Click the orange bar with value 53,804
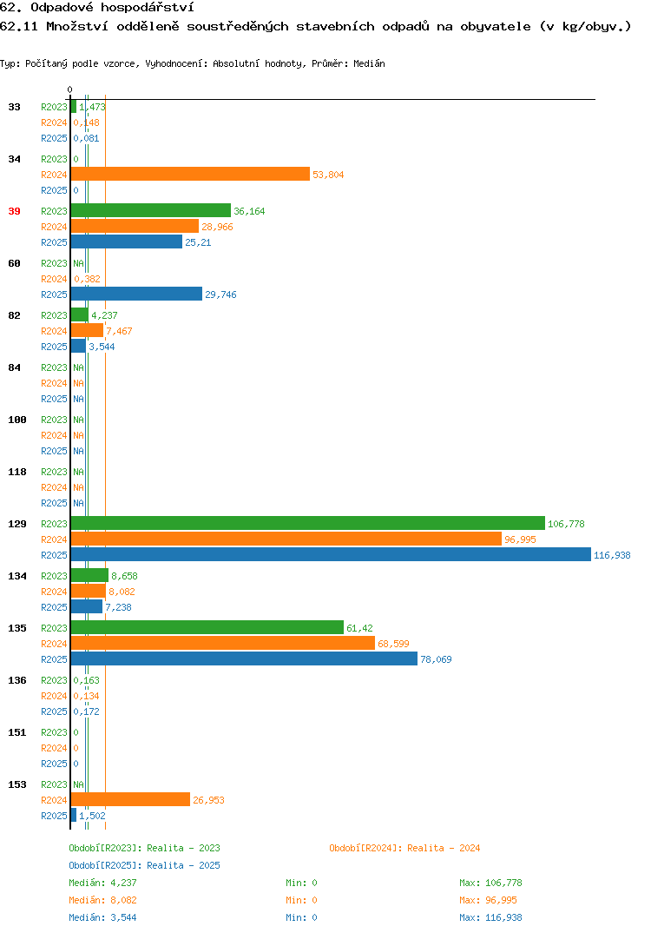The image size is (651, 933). point(190,174)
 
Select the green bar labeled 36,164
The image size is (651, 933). point(150,210)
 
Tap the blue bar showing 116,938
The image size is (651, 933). point(331,554)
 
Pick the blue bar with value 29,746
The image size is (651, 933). point(136,294)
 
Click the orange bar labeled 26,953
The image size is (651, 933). point(130,800)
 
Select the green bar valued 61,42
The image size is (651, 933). point(207,628)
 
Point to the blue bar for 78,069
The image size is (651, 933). point(244,658)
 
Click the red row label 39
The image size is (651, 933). point(14,211)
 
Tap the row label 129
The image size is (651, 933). point(17,524)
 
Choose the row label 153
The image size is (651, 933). point(17,784)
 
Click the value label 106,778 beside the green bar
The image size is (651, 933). point(566,524)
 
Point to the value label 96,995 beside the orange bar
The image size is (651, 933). point(520,539)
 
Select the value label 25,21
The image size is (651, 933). point(198,242)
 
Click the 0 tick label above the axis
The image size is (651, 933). point(69,89)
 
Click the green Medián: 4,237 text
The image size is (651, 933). point(102,883)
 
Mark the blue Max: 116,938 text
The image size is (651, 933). point(490,917)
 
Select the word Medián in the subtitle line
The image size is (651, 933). point(369,63)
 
